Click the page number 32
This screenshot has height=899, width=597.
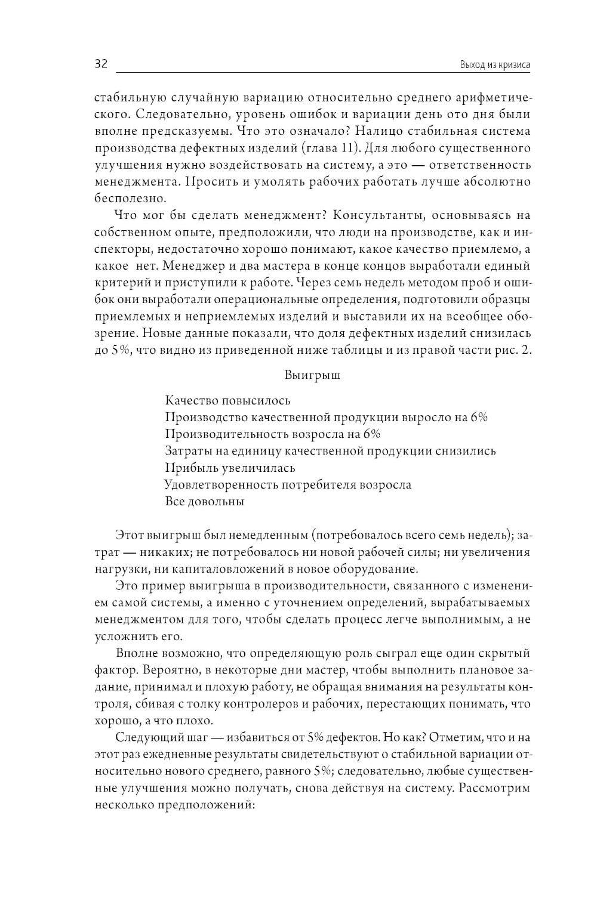[100, 64]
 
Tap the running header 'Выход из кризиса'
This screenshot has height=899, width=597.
[496, 65]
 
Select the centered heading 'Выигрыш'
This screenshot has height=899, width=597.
[312, 376]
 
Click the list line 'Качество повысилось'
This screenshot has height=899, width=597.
[228, 401]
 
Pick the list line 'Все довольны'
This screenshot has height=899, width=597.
[205, 501]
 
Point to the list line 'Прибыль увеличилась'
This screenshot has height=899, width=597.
[230, 468]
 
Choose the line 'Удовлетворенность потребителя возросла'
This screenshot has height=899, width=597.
[288, 484]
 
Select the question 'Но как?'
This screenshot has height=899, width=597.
[407, 738]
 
